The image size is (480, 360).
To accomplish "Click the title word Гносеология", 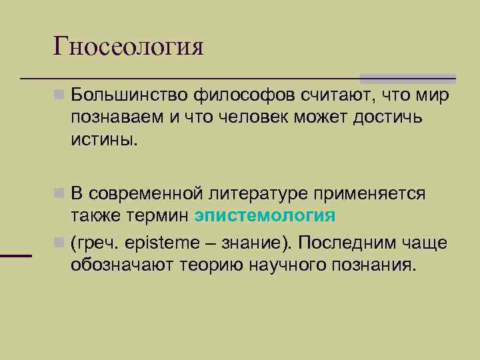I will pos(128,46).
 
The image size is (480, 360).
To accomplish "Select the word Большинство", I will pos(129,97).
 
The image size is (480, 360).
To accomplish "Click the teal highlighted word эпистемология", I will pos(265,216).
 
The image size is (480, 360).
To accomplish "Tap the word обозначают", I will pos(124,265).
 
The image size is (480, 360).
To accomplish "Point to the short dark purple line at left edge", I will pos(16,255).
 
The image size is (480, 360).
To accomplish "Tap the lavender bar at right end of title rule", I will pos(408,78).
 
